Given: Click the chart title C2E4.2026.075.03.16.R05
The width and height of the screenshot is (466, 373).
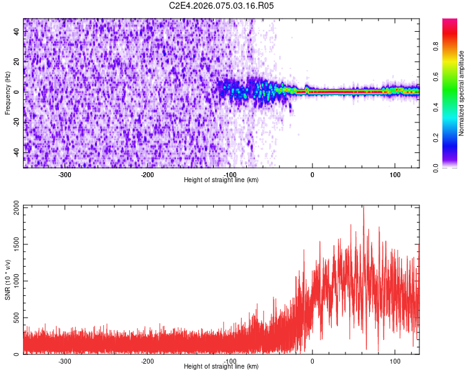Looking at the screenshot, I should click(x=222, y=6).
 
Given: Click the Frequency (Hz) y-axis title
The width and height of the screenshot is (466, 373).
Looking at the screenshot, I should click(x=7, y=93).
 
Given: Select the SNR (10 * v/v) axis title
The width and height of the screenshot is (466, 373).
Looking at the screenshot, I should click(x=7, y=279).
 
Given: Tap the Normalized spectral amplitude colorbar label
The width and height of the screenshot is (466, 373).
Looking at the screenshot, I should click(x=462, y=93).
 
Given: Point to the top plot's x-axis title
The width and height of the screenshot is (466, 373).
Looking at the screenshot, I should click(x=221, y=180).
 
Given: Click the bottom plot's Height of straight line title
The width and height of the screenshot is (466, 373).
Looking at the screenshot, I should click(x=221, y=366).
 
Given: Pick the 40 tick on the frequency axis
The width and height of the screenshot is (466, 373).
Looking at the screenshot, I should click(x=17, y=32).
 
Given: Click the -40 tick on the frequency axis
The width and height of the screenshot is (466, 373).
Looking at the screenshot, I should click(x=16, y=152).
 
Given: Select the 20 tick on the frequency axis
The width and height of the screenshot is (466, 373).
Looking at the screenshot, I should click(x=17, y=62).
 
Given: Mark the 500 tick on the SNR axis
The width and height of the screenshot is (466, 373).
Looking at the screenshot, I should click(x=16, y=318).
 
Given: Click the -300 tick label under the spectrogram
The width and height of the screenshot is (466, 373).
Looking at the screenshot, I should click(x=65, y=174).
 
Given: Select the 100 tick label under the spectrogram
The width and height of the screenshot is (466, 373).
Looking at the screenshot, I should click(x=395, y=174).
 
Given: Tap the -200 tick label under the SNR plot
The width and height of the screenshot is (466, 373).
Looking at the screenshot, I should click(x=147, y=361).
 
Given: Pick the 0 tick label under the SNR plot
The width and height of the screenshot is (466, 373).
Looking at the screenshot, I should click(x=312, y=361).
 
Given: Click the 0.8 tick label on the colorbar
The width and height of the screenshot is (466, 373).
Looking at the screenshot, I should click(x=436, y=46).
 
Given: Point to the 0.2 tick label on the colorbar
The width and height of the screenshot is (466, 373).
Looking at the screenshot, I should click(x=436, y=137).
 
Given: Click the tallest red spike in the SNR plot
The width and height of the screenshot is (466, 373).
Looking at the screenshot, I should click(x=363, y=208).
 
